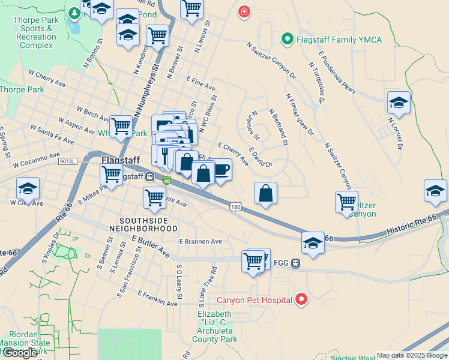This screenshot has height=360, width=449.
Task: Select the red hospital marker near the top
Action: point(244,12)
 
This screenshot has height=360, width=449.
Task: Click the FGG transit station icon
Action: point(296,263)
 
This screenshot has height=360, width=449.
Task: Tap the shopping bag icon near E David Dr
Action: point(265,194)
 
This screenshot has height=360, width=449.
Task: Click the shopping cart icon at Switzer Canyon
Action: point(346,202)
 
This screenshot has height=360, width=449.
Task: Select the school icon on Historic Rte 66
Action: point(313,243)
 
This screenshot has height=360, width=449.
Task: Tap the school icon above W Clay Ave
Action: point(28,189)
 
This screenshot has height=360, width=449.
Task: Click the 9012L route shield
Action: point(68,161)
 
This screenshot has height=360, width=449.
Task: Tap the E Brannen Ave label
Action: point(200,241)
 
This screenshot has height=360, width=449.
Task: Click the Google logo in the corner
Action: point(20,353)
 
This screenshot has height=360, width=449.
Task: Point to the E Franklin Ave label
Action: point(157,299)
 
